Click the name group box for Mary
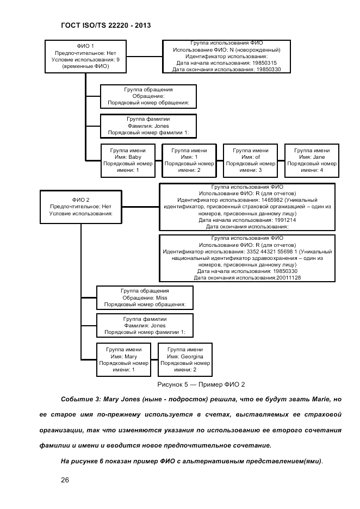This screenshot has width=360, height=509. (x=123, y=359)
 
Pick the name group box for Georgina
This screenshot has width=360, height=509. (x=185, y=359)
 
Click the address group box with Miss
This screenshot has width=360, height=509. (x=145, y=298)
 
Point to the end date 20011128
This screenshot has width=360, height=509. (x=288, y=278)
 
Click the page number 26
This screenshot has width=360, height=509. (x=65, y=480)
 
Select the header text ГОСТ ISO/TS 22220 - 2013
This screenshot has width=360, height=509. (x=103, y=25)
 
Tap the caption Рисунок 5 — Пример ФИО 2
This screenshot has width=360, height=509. (x=201, y=384)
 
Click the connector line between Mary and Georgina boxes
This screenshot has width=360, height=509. (x=154, y=359)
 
